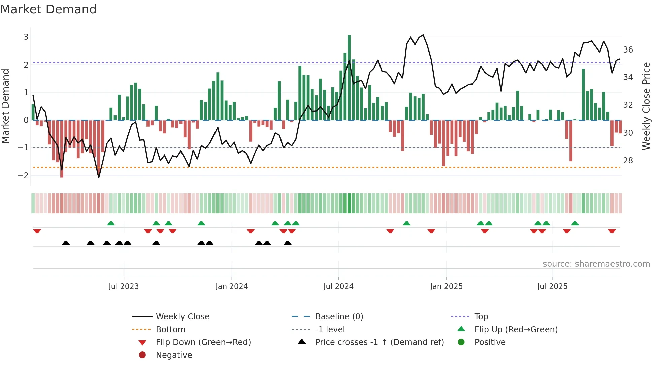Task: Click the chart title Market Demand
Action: pyautogui.click(x=48, y=9)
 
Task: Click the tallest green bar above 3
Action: pyautogui.click(x=349, y=77)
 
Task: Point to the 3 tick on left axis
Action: pyautogui.click(x=26, y=37)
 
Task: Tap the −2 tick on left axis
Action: pyautogui.click(x=23, y=175)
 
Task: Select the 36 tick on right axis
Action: pyautogui.click(x=628, y=50)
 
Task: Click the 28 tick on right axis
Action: pyautogui.click(x=628, y=161)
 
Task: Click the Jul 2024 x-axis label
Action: pyautogui.click(x=338, y=286)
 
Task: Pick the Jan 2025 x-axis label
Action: pyautogui.click(x=446, y=286)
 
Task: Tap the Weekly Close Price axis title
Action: pyautogui.click(x=646, y=106)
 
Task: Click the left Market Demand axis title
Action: pyautogui.click(x=6, y=106)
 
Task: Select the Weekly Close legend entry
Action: pyautogui.click(x=182, y=317)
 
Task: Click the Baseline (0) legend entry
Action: pyautogui.click(x=339, y=317)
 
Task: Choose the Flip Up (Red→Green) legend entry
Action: pyautogui.click(x=516, y=330)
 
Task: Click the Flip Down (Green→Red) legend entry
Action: pyautogui.click(x=203, y=342)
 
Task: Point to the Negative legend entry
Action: pyautogui.click(x=174, y=355)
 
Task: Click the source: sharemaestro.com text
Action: pyautogui.click(x=596, y=264)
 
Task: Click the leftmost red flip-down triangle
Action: pyautogui.click(x=37, y=231)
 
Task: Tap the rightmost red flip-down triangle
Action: pyautogui.click(x=612, y=231)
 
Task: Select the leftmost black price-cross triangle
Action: pyautogui.click(x=66, y=243)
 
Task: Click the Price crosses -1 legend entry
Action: pyautogui.click(x=379, y=342)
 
